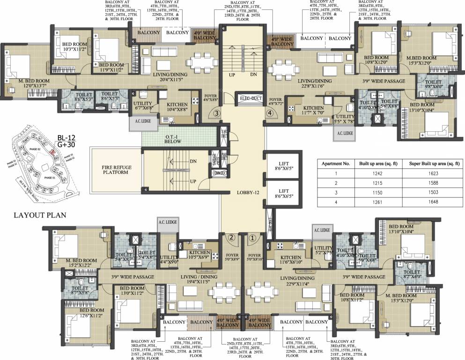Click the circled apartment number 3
tap(216, 113)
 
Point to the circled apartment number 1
tap(252, 238)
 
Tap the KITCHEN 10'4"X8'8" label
tap(177, 107)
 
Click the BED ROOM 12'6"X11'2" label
tap(91, 313)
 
